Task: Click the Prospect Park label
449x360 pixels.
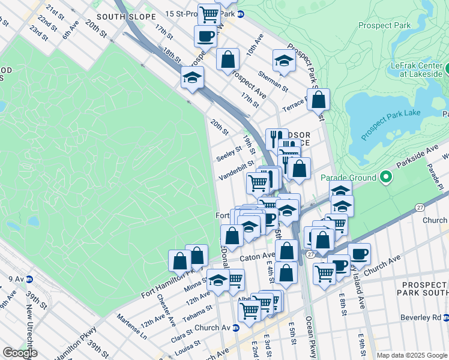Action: (x=384, y=25)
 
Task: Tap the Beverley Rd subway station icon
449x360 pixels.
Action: (x=446, y=317)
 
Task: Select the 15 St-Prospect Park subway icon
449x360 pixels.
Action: (x=241, y=14)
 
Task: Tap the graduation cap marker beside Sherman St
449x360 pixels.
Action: (x=284, y=60)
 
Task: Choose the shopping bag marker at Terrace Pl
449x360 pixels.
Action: (x=318, y=99)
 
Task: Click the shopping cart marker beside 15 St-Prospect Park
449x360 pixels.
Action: (x=209, y=13)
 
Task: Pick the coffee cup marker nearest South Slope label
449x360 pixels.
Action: (x=205, y=35)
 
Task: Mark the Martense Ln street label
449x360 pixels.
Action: (x=131, y=325)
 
